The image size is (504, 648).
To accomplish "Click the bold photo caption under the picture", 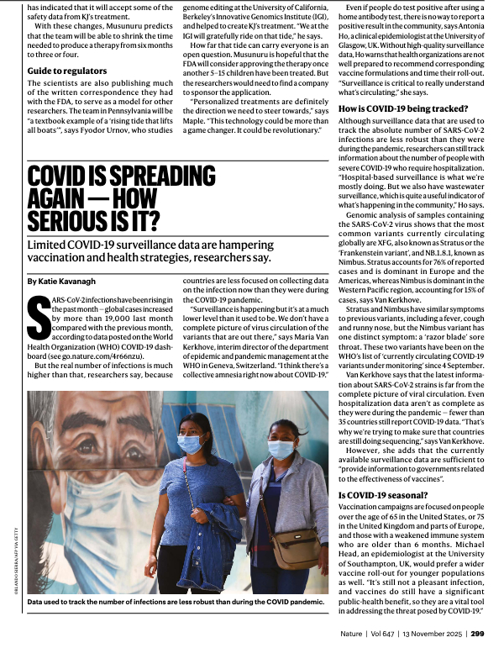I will coord(175,602).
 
